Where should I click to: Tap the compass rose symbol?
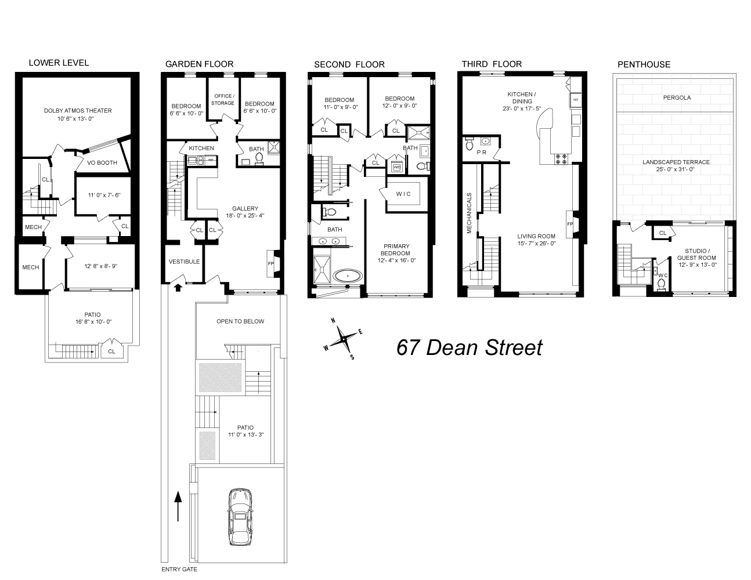point(343,339)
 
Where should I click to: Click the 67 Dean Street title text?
point(470,347)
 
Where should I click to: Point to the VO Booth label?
point(102,162)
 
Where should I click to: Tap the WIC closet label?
point(403,194)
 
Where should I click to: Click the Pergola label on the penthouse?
point(677,97)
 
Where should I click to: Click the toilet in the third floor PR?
point(470,143)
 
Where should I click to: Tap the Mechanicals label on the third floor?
point(470,213)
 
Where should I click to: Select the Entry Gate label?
point(179,570)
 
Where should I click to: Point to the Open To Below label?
point(240,321)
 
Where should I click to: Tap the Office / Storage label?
point(223,99)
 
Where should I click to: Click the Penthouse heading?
point(644,64)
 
